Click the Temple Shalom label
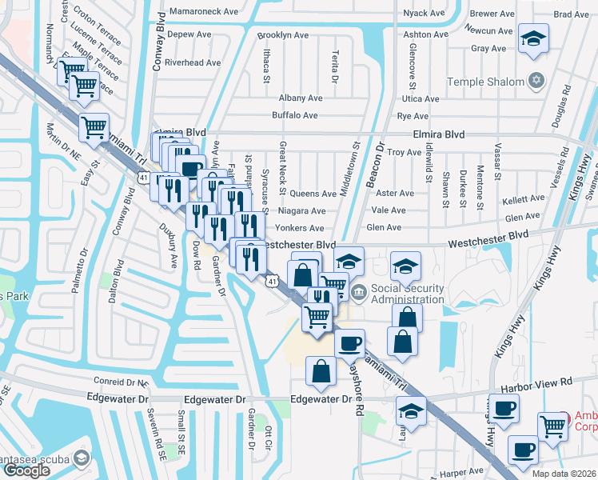(485, 82)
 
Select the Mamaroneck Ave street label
(205, 13)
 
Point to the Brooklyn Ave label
(283, 35)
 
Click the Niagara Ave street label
(302, 211)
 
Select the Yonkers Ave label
(301, 228)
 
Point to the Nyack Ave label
(424, 14)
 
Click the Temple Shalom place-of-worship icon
(536, 81)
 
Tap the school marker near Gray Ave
(533, 39)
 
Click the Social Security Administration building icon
(357, 294)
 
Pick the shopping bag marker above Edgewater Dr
(321, 372)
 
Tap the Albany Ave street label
(301, 98)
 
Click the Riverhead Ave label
(186, 62)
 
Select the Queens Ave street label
(313, 194)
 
